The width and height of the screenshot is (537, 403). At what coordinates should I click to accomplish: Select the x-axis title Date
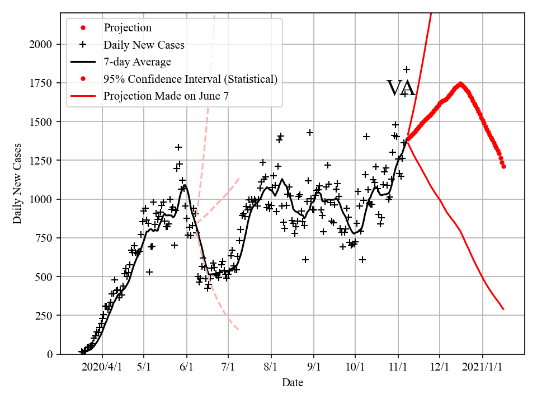pos(293,383)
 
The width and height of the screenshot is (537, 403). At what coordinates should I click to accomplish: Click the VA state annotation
pos(401,88)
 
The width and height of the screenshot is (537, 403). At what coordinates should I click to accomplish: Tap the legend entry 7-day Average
pos(137,62)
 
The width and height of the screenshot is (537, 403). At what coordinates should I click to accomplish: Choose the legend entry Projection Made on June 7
pos(166,96)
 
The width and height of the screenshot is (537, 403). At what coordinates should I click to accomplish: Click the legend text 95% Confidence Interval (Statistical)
pos(190,79)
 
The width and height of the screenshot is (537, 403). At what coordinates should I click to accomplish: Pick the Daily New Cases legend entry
pos(144,44)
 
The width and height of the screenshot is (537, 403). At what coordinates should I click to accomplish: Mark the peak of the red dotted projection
pos(460,84)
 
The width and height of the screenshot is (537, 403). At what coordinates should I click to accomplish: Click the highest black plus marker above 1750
pos(407,69)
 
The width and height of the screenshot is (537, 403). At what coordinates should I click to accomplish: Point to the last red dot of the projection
pos(503,166)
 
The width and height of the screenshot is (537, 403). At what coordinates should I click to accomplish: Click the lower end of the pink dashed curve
pos(238,329)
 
